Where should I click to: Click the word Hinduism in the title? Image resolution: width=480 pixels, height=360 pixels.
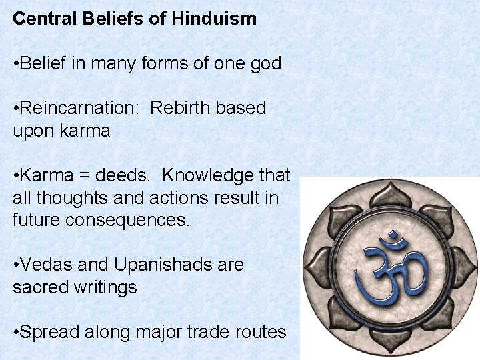pos(214,18)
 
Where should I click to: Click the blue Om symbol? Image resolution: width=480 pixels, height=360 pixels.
pos(389,267)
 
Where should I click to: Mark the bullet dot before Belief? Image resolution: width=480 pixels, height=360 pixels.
pos(16,65)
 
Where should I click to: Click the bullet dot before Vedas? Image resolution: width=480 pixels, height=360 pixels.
pos(16,265)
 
